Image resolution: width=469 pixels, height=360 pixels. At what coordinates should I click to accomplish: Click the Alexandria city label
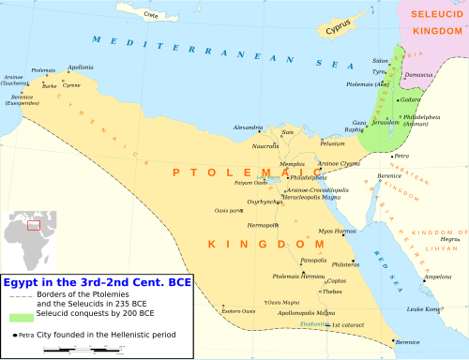(x=248, y=127)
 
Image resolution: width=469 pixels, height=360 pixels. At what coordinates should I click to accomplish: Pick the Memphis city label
(x=293, y=163)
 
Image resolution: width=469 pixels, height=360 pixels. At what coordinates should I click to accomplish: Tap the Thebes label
(x=333, y=292)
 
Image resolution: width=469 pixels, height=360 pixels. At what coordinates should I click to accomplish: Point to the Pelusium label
(x=333, y=143)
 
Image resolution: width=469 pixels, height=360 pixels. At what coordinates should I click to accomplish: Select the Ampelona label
(x=438, y=277)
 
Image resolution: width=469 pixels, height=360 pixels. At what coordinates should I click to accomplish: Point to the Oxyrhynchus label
(x=264, y=202)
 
